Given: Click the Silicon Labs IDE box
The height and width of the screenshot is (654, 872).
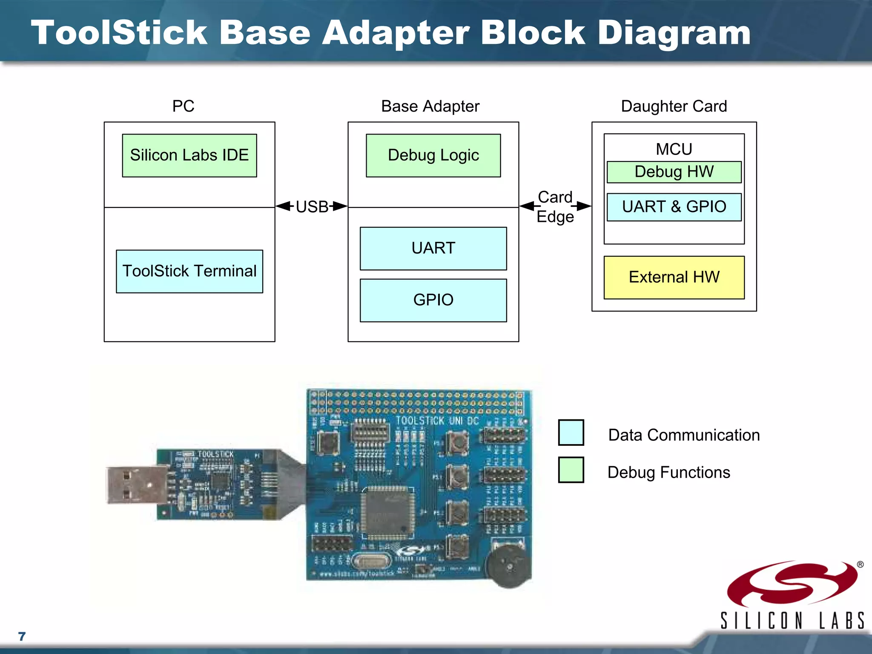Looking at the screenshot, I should (x=189, y=155).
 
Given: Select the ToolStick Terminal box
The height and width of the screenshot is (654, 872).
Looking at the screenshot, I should (x=189, y=271).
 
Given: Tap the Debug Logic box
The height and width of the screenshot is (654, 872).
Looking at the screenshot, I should (x=433, y=155).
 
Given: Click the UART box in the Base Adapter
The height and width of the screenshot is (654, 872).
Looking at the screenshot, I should (x=433, y=248).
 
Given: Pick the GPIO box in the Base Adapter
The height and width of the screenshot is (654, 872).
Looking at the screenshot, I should (x=433, y=300).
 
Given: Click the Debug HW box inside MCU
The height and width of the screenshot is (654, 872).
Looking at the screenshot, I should (x=674, y=172).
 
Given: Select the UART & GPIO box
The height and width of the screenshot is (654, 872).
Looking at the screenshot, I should (x=674, y=207).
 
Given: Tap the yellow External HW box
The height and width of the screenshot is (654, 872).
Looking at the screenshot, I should (x=674, y=277).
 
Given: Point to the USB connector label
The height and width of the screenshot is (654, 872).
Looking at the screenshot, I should (x=312, y=207).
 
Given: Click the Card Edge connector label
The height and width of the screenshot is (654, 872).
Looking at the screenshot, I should (x=555, y=207).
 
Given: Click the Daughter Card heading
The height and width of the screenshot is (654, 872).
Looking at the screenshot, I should (x=674, y=106).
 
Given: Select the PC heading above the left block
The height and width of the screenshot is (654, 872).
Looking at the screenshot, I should (x=183, y=106).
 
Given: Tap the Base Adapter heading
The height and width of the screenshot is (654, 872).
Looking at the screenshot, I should (x=430, y=106).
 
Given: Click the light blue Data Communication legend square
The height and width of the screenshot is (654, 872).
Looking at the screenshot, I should (x=571, y=433).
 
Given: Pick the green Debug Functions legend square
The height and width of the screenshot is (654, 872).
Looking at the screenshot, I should (x=571, y=470).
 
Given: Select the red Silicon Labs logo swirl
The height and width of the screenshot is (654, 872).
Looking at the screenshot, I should (x=792, y=584).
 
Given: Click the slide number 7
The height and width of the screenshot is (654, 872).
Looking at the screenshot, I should (x=22, y=636).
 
